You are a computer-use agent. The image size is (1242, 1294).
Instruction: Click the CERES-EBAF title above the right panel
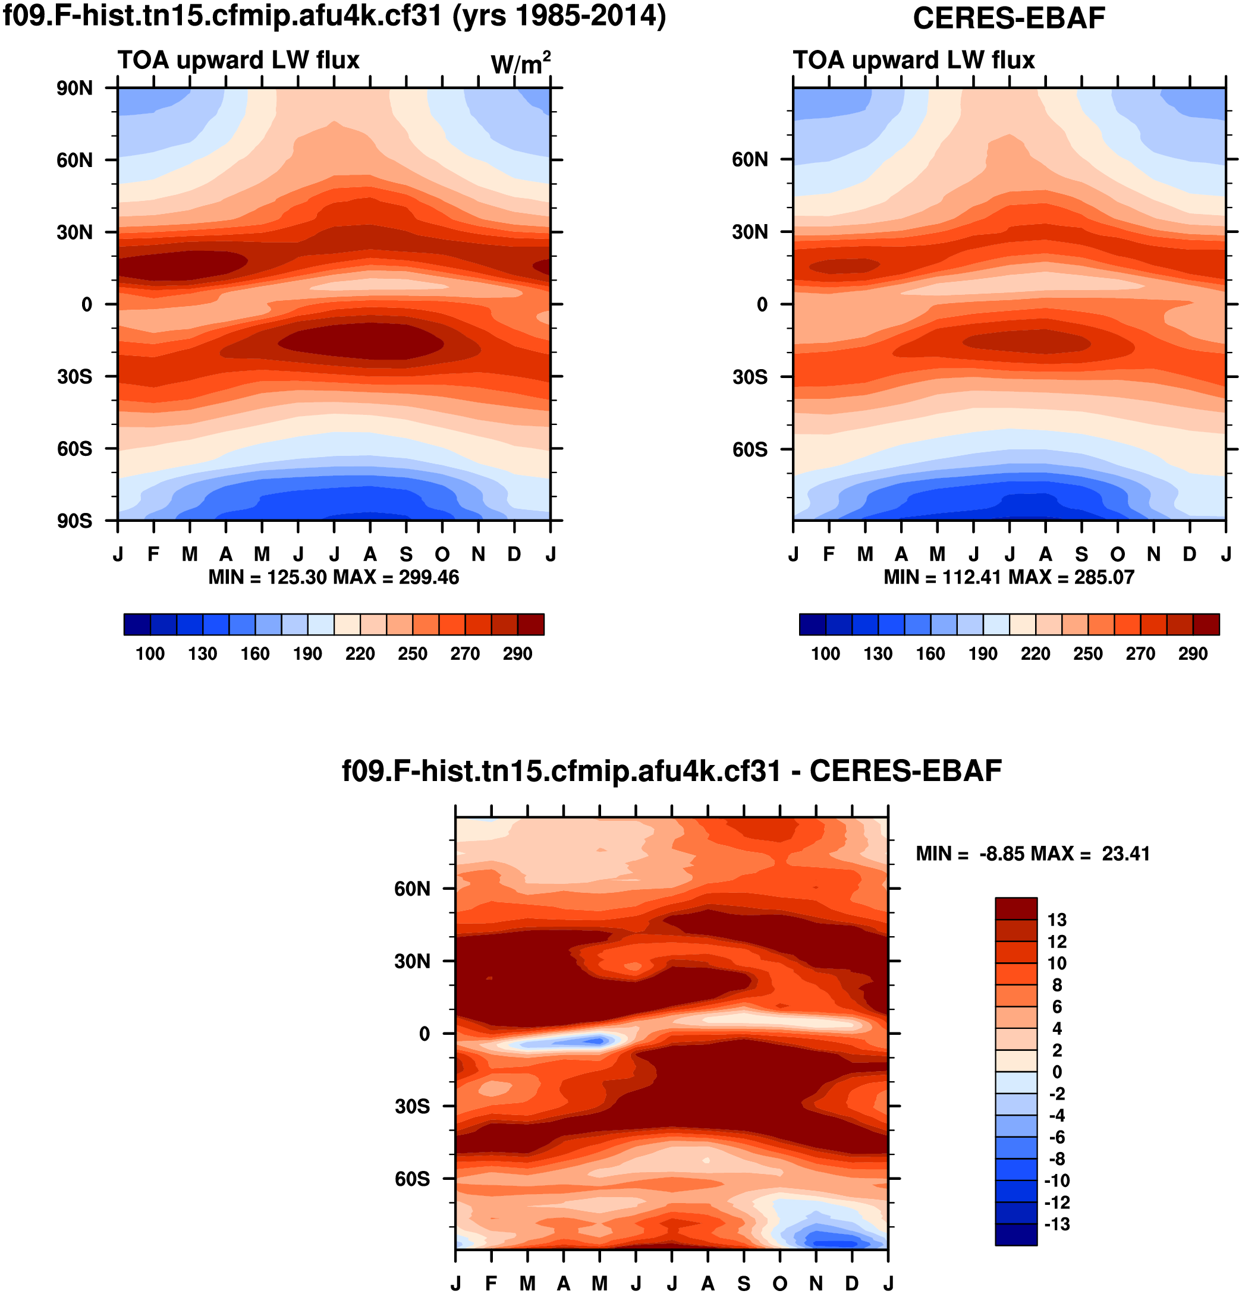pyautogui.click(x=1008, y=18)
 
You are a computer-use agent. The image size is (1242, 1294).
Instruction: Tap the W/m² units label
pyautogui.click(x=520, y=64)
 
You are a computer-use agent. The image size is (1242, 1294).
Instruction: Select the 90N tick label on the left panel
pyautogui.click(x=74, y=88)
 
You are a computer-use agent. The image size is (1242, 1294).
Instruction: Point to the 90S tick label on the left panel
pyautogui.click(x=74, y=521)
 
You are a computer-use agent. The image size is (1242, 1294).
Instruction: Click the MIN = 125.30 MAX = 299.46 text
pyautogui.click(x=334, y=577)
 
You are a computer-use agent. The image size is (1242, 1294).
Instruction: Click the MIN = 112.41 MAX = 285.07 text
pyautogui.click(x=1008, y=577)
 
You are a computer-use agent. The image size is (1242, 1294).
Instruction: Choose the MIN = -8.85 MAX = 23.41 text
pyautogui.click(x=1033, y=854)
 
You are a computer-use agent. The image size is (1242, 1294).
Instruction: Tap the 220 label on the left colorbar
pyautogui.click(x=360, y=654)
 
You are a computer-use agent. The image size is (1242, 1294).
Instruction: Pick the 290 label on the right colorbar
pyautogui.click(x=1193, y=654)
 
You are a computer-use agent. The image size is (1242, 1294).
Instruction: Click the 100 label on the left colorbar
pyautogui.click(x=150, y=654)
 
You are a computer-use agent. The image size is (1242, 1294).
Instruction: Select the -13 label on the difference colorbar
pyautogui.click(x=1057, y=1224)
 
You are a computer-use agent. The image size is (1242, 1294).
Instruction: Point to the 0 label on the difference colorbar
pyautogui.click(x=1057, y=1072)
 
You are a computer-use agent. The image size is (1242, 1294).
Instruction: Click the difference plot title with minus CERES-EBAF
pyautogui.click(x=671, y=770)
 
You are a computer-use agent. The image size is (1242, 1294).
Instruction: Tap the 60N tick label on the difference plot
pyautogui.click(x=412, y=889)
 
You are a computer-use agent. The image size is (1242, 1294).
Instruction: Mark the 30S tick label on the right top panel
pyautogui.click(x=750, y=377)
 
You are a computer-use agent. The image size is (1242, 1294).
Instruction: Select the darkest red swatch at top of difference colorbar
pyautogui.click(x=1015, y=908)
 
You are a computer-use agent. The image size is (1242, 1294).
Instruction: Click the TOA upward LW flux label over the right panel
pyautogui.click(x=913, y=60)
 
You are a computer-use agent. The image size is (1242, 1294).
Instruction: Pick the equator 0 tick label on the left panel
pyautogui.click(x=86, y=304)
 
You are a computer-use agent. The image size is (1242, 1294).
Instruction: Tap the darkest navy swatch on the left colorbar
pyautogui.click(x=137, y=624)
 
